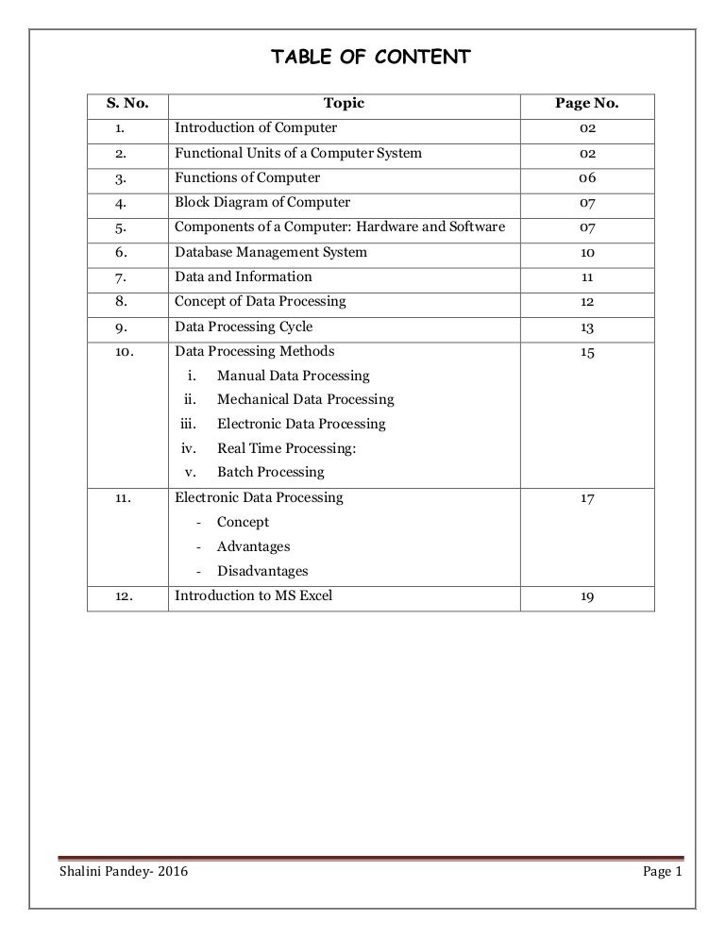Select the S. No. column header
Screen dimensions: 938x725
[127, 103]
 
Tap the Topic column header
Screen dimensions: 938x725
[344, 103]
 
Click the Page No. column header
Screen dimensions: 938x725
[587, 103]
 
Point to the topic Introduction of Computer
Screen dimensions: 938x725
[256, 127]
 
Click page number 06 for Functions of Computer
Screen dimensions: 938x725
[587, 177]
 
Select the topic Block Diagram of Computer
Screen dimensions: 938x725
[262, 202]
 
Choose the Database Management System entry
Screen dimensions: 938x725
[271, 252]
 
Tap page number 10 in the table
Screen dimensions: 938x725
[587, 252]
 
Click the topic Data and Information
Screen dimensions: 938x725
[244, 276]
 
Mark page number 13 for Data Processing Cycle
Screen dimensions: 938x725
[587, 327]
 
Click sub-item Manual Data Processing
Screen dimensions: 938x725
[294, 376]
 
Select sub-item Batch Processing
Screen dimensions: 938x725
[270, 472]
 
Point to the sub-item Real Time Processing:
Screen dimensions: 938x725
[287, 448]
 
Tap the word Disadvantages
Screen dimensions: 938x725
[262, 571]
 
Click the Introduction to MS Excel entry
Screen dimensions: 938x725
[254, 595]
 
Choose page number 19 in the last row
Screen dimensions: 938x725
[587, 596]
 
